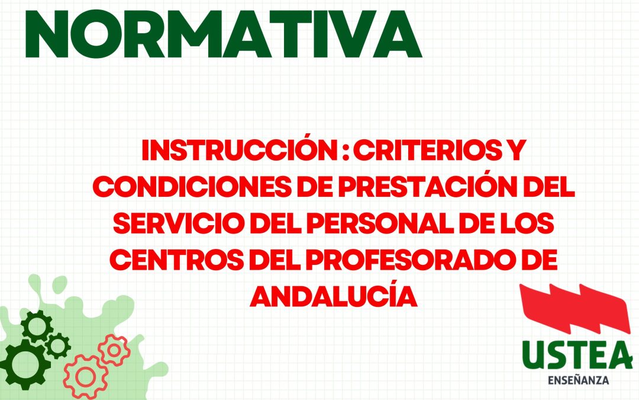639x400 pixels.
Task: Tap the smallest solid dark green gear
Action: [57, 345]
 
